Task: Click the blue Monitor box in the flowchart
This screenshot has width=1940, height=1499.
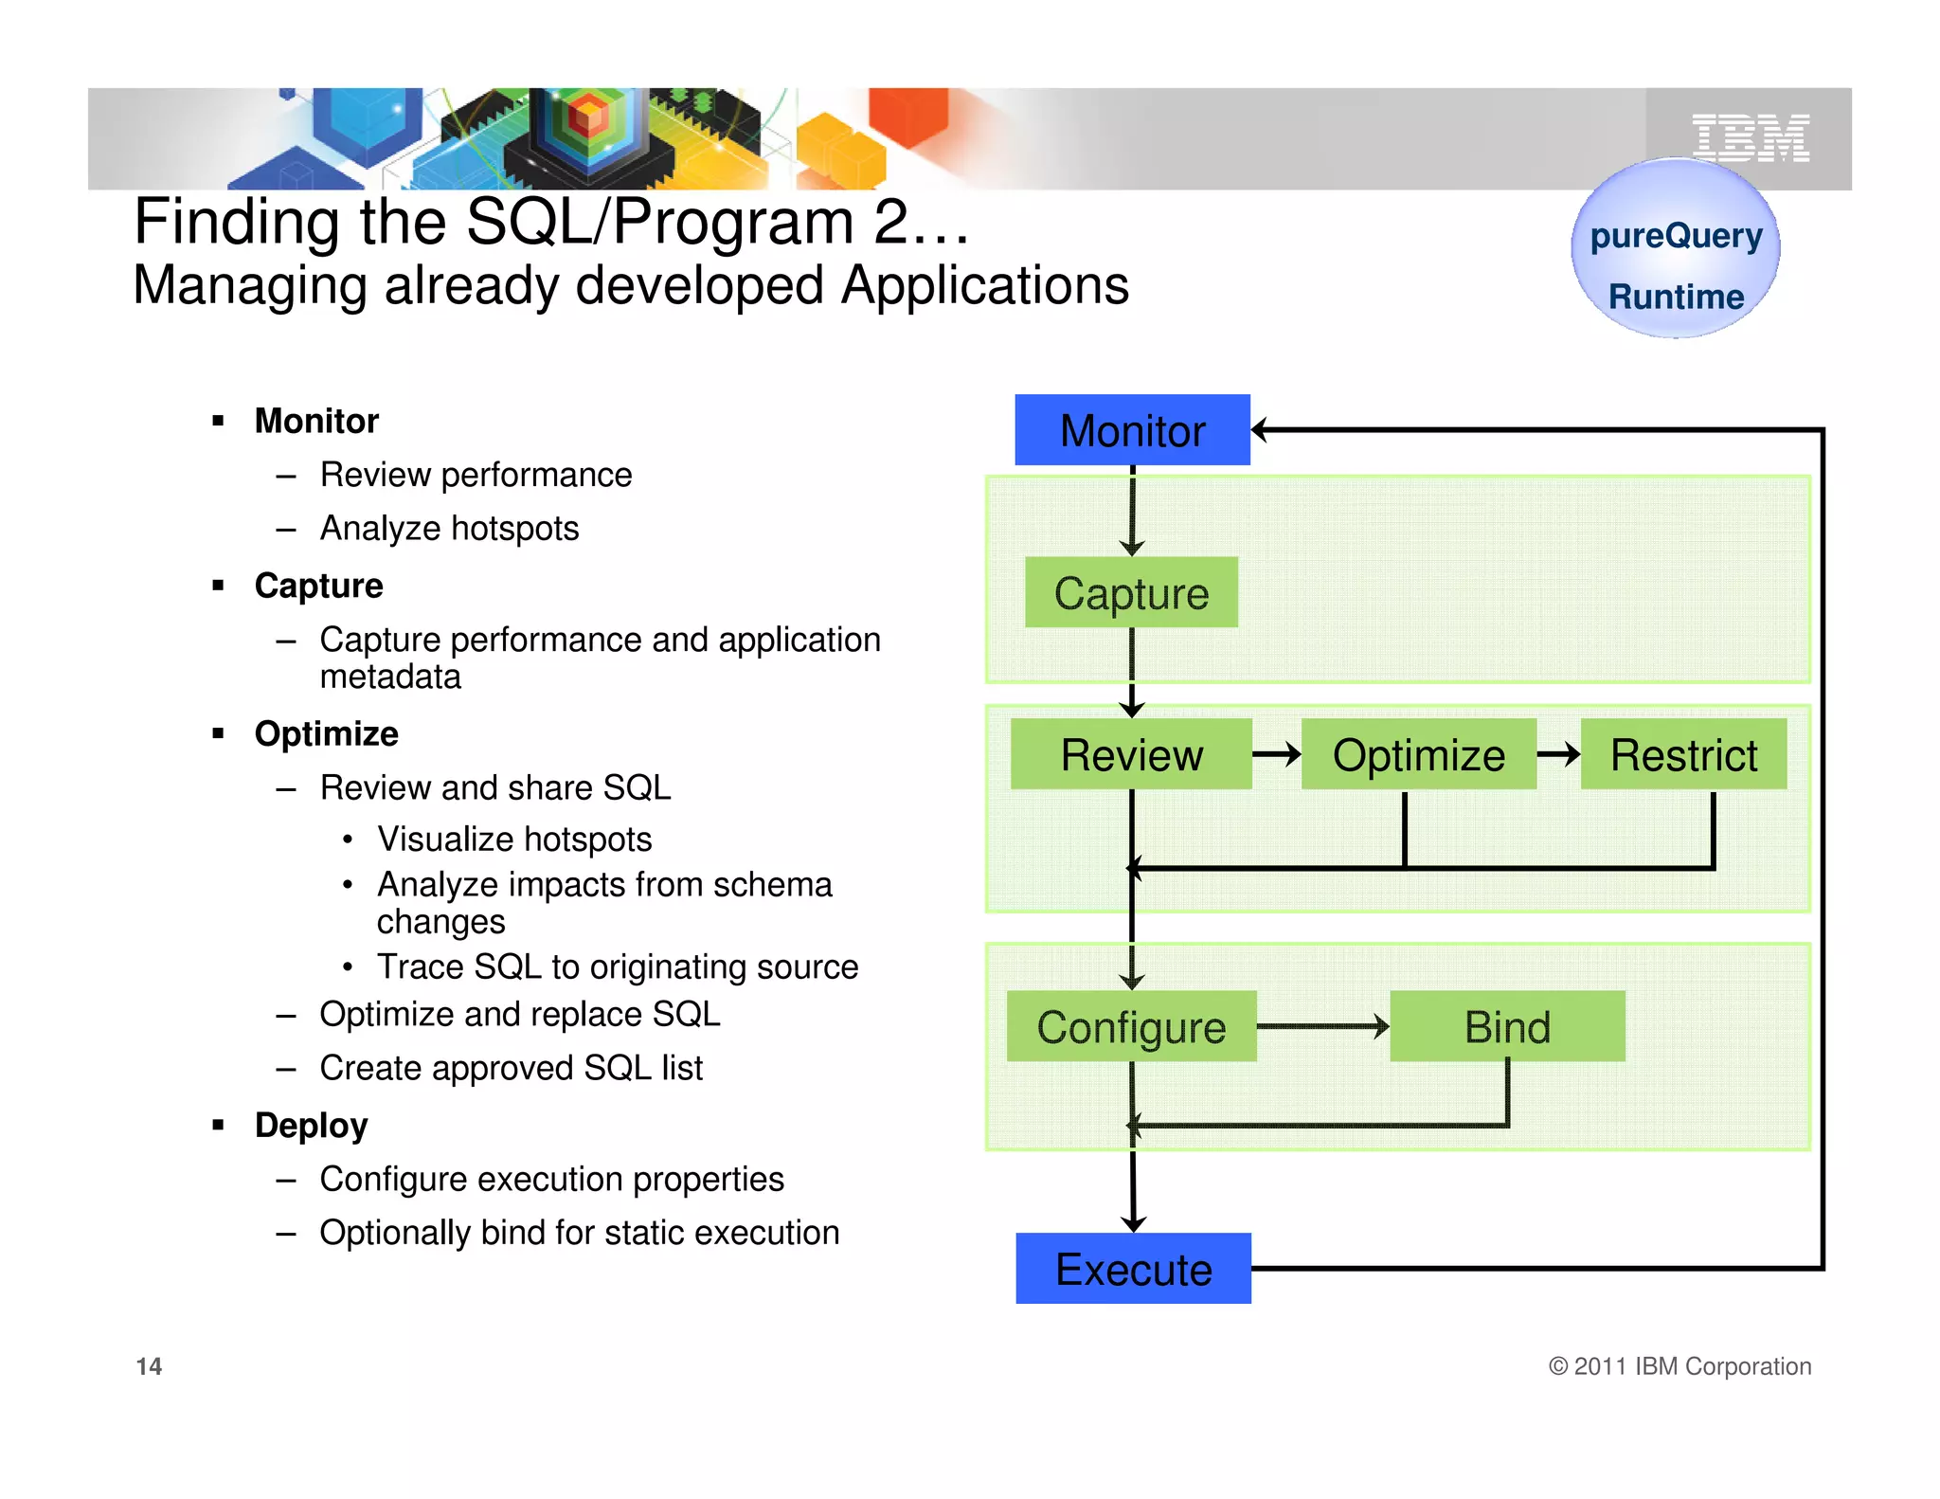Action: click(x=1132, y=430)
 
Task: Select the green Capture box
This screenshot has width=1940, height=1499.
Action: click(x=1131, y=593)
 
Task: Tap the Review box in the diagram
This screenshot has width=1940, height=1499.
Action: click(x=1131, y=754)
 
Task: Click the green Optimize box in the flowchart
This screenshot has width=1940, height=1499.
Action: click(x=1418, y=754)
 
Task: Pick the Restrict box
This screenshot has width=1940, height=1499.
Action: click(x=1683, y=754)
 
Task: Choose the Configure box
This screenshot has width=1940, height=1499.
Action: click(x=1131, y=1026)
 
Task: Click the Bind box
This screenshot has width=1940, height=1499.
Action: click(x=1507, y=1026)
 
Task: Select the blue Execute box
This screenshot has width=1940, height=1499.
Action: click(x=1133, y=1269)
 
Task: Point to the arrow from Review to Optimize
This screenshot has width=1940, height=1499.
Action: click(x=1276, y=754)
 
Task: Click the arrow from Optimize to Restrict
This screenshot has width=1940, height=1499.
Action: click(x=1558, y=754)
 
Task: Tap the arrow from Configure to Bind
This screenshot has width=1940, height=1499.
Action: click(x=1322, y=1026)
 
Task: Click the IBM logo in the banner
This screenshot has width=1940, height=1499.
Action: click(x=1751, y=138)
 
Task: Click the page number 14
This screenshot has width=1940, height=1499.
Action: click(x=149, y=1366)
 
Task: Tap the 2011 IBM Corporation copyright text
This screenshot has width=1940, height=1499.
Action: click(x=1680, y=1366)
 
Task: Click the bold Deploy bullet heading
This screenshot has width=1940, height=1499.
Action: click(x=311, y=1126)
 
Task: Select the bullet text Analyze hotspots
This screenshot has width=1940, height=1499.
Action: click(x=449, y=528)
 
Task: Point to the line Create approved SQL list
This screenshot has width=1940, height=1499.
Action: click(x=511, y=1068)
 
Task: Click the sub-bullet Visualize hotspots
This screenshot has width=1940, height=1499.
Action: click(x=514, y=840)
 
